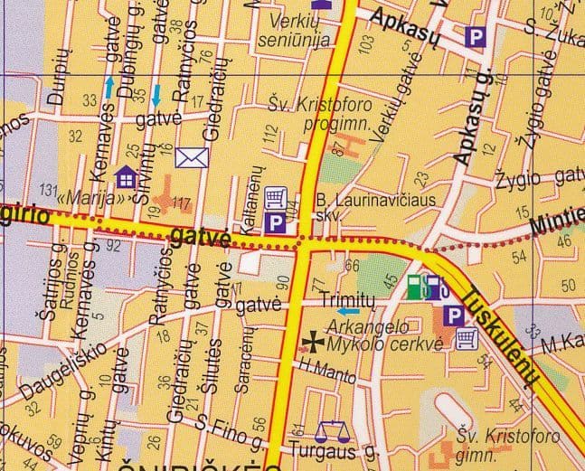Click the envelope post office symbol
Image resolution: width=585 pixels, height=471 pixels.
click(193, 158)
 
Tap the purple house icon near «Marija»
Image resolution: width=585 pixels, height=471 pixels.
click(126, 174)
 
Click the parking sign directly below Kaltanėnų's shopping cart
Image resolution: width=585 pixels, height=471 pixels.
click(273, 221)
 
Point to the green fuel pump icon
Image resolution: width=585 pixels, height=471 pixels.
click(414, 286)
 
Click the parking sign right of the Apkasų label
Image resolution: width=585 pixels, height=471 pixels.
click(475, 36)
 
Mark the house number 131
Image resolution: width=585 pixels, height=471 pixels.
click(52, 189)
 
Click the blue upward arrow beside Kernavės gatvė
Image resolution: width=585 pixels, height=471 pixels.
click(109, 87)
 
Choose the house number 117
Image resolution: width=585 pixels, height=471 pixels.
click(182, 203)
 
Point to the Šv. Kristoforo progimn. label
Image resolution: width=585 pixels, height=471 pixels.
click(313, 113)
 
